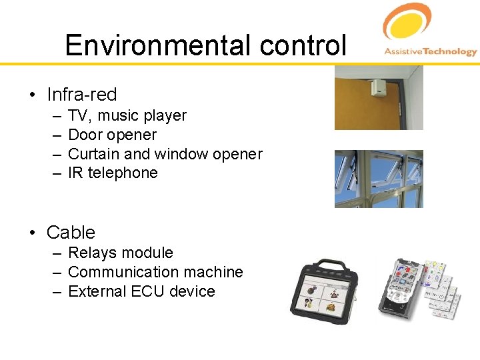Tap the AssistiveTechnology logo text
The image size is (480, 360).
pos(431,52)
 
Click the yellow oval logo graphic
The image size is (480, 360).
pos(407,23)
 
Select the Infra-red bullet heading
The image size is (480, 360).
pos(81,94)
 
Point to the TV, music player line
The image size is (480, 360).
pos(127,115)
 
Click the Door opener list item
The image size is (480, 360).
pos(112,135)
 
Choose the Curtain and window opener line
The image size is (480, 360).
pos(165,154)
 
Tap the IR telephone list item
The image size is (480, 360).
pos(113,173)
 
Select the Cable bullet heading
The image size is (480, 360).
pos(71,233)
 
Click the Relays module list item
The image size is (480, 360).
pos(120,253)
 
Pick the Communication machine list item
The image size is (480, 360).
pos(155,272)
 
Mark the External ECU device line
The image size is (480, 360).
pos(141,291)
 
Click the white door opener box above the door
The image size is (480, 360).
pos(379,87)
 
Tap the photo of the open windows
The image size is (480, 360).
pos(378,179)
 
